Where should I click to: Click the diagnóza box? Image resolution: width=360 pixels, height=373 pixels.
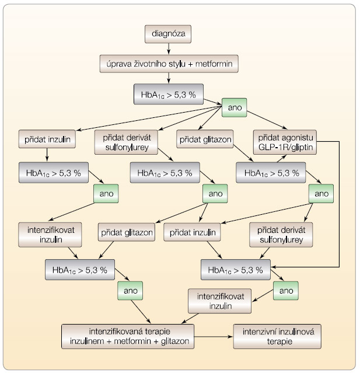pyautogui.click(x=168, y=34)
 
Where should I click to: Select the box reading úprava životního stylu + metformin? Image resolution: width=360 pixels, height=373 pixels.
pyautogui.click(x=169, y=64)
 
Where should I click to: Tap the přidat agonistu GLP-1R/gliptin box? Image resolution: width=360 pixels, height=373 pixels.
pyautogui.click(x=285, y=142)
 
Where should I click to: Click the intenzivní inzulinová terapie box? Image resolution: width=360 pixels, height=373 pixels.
pyautogui.click(x=277, y=336)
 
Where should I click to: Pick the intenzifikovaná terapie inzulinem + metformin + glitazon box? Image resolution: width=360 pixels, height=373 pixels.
pyautogui.click(x=128, y=336)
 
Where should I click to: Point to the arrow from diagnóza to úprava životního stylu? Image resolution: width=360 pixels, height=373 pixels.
pyautogui.click(x=169, y=49)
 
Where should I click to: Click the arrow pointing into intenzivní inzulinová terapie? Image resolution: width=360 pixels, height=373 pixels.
pyautogui.click(x=214, y=337)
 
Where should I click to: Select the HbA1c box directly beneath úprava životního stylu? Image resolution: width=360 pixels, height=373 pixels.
pyautogui.click(x=169, y=94)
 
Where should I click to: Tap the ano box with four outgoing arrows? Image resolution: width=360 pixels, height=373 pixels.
pyautogui.click(x=234, y=107)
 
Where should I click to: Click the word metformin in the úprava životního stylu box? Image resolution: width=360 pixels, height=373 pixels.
pyautogui.click(x=214, y=64)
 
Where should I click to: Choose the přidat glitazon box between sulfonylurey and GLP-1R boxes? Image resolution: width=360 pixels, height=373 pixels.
pyautogui.click(x=205, y=139)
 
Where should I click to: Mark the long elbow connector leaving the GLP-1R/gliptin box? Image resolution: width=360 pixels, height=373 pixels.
pyautogui.click(x=339, y=204)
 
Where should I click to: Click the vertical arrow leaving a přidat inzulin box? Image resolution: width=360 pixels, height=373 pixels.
pyautogui.click(x=47, y=155)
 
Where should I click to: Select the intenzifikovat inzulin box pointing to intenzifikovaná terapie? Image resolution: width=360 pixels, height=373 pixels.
pyautogui.click(x=219, y=301)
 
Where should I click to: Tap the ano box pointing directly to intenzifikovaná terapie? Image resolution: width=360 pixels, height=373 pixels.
pyautogui.click(x=130, y=291)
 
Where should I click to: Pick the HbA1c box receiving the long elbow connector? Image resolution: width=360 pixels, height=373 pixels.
pyautogui.click(x=236, y=270)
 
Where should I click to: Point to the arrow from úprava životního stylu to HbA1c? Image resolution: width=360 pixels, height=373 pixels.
pyautogui.click(x=169, y=78)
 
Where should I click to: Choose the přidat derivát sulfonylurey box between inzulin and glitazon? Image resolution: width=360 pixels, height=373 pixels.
pyautogui.click(x=126, y=142)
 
